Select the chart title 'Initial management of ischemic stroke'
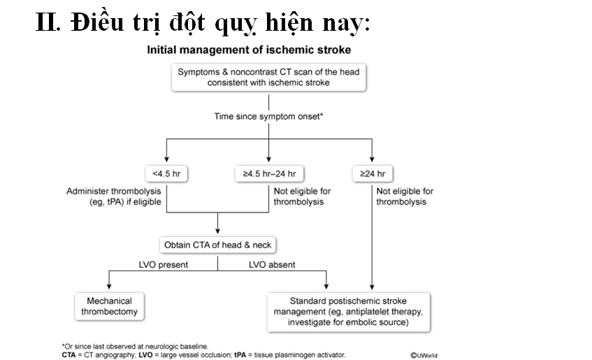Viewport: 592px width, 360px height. (249, 50)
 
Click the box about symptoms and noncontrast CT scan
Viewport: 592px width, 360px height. (268, 78)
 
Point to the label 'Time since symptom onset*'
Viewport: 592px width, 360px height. (268, 116)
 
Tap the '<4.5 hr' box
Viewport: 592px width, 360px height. (166, 174)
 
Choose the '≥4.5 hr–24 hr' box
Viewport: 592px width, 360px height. (269, 174)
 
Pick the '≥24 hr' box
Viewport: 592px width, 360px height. (373, 174)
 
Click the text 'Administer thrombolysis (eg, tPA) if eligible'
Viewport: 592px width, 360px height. (114, 196)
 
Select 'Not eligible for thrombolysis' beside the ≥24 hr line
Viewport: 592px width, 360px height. (405, 196)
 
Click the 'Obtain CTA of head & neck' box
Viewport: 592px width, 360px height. (217, 245)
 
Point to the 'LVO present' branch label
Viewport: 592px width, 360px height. (163, 265)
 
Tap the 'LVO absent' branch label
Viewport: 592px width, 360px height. (272, 265)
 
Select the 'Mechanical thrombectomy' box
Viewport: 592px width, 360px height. (110, 306)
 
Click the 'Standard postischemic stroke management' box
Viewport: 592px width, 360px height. (348, 312)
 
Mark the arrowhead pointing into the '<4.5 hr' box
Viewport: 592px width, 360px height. (166, 159)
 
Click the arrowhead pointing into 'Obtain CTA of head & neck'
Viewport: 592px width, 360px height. (217, 231)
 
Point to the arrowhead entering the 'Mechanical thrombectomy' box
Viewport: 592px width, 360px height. (109, 286)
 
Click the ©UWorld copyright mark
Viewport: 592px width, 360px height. (424, 355)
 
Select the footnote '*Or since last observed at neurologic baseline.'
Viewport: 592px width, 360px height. (135, 346)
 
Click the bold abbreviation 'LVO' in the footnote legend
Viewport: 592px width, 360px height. (146, 355)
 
